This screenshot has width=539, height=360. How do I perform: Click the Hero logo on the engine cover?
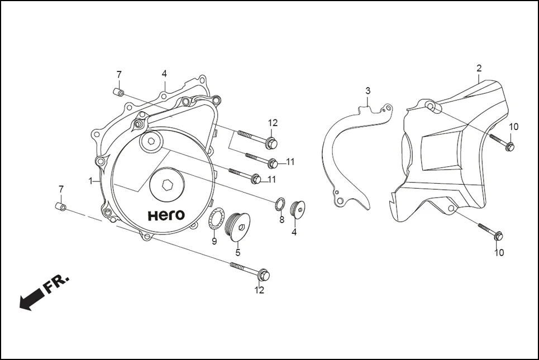tap(167, 215)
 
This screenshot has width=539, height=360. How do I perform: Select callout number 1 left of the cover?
tap(90, 181)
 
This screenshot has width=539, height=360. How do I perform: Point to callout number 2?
tap(479, 68)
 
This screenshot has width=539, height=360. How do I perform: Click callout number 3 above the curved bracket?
tap(368, 90)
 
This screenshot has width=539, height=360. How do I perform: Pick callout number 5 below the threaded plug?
tap(237, 252)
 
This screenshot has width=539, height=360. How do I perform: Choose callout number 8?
tap(282, 220)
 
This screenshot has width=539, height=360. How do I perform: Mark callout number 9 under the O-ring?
tap(214, 241)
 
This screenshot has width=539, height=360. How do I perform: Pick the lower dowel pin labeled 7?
tap(61, 208)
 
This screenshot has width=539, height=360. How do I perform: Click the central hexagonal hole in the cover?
tap(167, 186)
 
